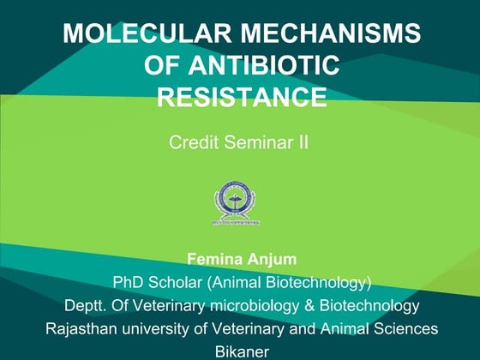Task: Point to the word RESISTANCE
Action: (242, 96)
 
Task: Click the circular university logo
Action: (237, 202)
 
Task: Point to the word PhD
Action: (129, 281)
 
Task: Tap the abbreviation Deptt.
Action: (84, 305)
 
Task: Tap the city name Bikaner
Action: (242, 351)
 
